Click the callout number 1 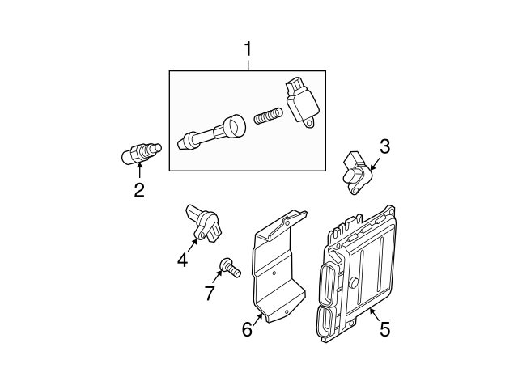pos(248,51)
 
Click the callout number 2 pos(139,190)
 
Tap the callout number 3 pos(384,146)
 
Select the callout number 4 pos(182,260)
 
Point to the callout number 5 pos(384,328)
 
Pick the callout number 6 pos(248,330)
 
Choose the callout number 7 pos(210,293)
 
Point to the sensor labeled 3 pos(356,171)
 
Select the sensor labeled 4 pos(203,222)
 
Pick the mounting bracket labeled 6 pos(279,267)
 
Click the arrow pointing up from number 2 pos(139,171)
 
